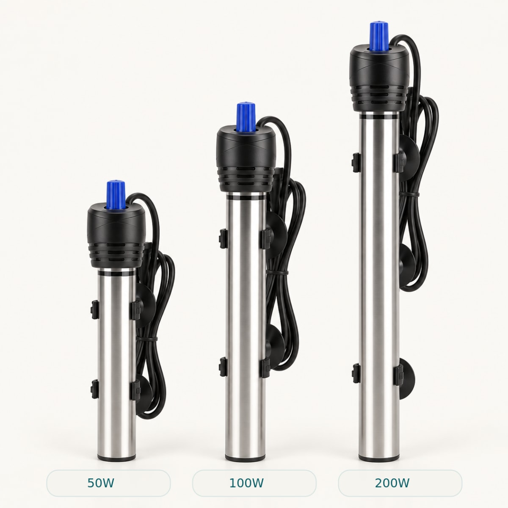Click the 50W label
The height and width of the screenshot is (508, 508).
tap(101, 483)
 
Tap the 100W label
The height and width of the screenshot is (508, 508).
tap(246, 483)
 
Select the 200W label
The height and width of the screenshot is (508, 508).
tap(392, 483)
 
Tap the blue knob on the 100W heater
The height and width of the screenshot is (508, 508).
tap(246, 117)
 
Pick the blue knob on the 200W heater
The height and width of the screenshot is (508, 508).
tap(379, 36)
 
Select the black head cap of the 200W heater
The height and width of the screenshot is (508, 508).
tap(380, 78)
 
